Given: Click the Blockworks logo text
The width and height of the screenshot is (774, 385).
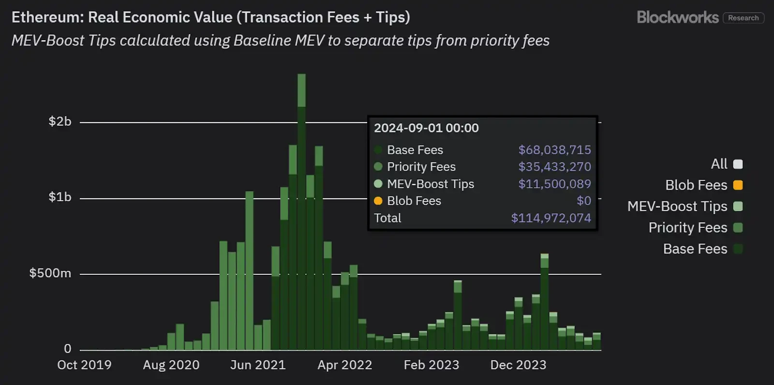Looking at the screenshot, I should [677, 17].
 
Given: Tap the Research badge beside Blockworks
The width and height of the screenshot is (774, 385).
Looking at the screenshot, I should [743, 18].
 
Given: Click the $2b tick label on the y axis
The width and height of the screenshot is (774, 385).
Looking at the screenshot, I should [60, 121].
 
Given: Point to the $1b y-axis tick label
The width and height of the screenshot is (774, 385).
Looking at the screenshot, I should [60, 197].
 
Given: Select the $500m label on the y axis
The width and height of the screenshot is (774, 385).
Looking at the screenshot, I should [50, 273].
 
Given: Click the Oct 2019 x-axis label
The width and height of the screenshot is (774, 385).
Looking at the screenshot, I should [84, 365].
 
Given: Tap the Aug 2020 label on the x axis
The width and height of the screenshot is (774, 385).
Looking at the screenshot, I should [171, 365].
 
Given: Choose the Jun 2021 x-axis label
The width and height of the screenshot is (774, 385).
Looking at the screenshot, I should [258, 365].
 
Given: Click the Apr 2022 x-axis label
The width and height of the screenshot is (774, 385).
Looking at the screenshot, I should [344, 365].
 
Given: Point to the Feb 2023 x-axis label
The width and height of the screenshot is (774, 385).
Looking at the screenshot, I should [432, 365].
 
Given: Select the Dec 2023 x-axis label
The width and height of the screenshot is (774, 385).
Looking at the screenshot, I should [518, 365].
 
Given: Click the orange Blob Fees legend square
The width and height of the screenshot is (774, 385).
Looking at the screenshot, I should [738, 185].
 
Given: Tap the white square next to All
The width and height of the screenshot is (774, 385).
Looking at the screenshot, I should [738, 164].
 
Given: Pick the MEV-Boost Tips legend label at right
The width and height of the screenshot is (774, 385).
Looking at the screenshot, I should [677, 207].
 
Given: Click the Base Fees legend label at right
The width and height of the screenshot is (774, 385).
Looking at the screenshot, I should [695, 249].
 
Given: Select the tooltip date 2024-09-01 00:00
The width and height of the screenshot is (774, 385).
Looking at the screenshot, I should [426, 128].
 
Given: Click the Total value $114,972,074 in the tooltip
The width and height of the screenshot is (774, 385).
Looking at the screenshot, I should [551, 218].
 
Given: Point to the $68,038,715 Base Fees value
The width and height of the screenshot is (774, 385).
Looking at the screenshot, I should [554, 150].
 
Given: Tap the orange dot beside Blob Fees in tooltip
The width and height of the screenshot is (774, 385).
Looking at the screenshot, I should [378, 201].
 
